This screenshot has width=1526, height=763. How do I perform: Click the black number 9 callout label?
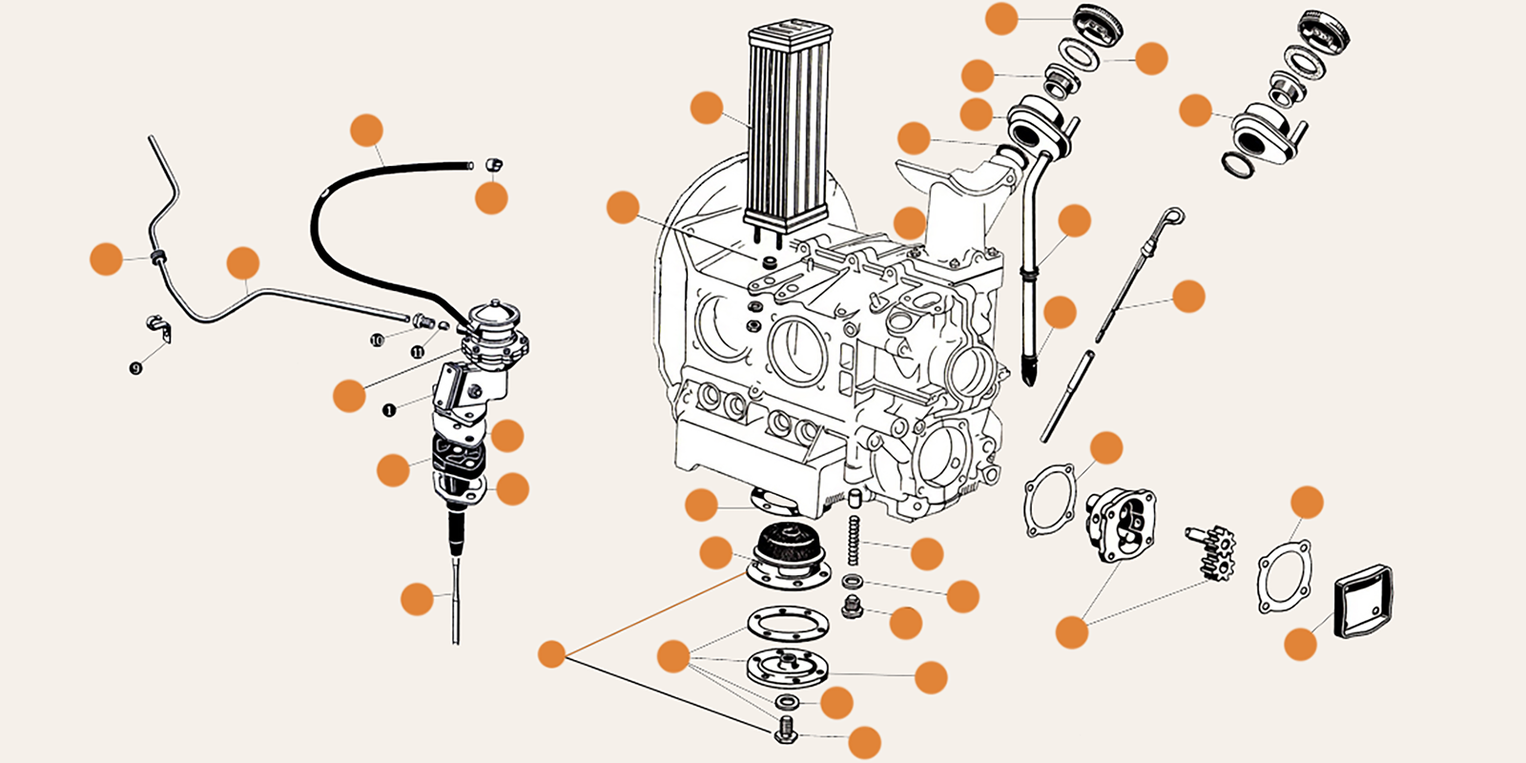click(136, 368)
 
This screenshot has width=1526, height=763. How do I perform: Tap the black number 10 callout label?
click(377, 340)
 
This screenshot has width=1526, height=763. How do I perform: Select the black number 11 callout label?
click(418, 352)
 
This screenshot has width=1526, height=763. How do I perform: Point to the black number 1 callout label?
click(389, 410)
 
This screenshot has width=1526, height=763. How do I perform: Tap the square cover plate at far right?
click(1363, 601)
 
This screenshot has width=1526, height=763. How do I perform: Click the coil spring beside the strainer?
click(854, 539)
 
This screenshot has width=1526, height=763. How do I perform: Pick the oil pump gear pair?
click(1211, 553)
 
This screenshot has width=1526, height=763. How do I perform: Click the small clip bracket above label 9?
click(159, 326)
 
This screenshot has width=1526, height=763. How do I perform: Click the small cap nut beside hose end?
click(493, 165)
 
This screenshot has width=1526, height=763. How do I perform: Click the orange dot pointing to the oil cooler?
click(707, 108)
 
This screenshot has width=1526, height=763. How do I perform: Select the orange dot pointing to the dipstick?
click(1188, 297)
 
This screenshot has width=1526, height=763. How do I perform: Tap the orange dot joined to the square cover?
click(1300, 644)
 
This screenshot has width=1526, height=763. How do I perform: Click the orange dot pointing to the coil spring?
click(926, 553)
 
